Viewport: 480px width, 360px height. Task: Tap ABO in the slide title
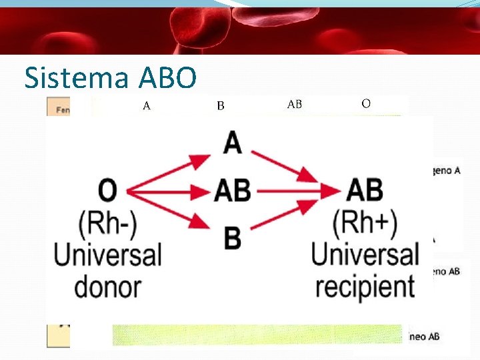pyautogui.click(x=168, y=78)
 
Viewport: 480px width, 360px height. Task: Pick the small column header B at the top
pyautogui.click(x=221, y=105)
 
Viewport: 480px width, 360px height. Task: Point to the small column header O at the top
pyautogui.click(x=366, y=103)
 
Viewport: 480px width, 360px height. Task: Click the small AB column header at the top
pyautogui.click(x=294, y=104)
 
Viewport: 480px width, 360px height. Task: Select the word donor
pyautogui.click(x=107, y=287)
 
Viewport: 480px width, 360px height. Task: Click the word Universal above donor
pyautogui.click(x=108, y=255)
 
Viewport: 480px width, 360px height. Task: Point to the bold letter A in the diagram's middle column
pyautogui.click(x=232, y=142)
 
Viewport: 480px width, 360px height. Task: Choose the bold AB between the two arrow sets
pyautogui.click(x=233, y=192)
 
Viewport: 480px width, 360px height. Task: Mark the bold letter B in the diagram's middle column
pyautogui.click(x=233, y=237)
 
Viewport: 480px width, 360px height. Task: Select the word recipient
pyautogui.click(x=365, y=286)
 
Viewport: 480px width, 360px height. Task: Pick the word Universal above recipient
pyautogui.click(x=365, y=255)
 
